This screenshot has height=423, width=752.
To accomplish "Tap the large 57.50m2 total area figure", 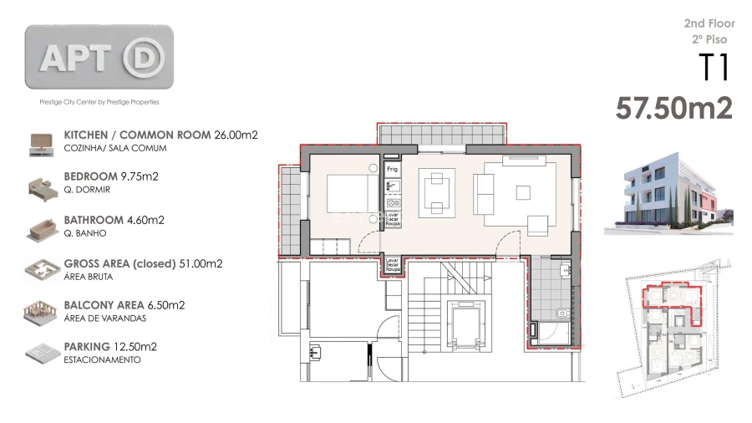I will point(673,108).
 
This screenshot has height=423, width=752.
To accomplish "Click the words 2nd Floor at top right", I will point(709,23).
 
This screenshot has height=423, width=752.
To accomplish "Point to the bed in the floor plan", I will point(352,194).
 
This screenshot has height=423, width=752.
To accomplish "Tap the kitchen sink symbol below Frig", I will point(393,186).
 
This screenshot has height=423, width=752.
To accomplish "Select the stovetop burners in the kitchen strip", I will point(393,202).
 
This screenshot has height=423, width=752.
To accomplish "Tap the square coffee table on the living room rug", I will point(522,191).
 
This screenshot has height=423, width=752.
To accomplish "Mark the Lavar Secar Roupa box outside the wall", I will point(392,266).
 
